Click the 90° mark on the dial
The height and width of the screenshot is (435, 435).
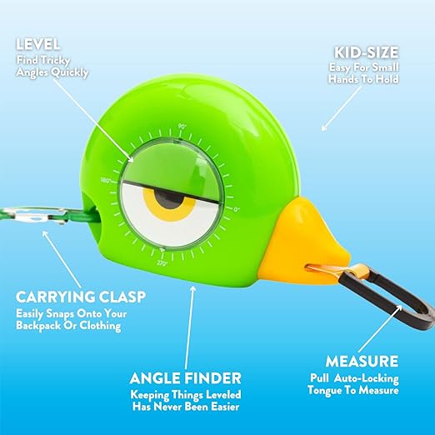pyautogui.click(x=182, y=127)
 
